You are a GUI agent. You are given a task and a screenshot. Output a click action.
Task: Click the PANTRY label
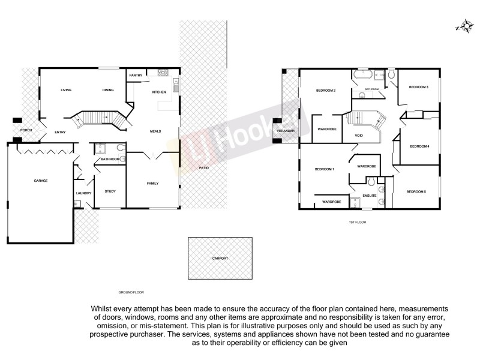136,75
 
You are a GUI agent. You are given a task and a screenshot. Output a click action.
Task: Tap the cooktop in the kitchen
162,73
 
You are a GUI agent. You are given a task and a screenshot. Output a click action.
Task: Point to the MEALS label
154,131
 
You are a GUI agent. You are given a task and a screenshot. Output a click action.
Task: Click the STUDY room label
110,191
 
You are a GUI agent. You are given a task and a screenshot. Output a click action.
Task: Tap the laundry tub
77,204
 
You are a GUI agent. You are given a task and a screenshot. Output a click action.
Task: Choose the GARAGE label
41,181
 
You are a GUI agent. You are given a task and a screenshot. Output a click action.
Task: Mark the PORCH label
26,130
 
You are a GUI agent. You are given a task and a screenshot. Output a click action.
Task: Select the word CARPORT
220,258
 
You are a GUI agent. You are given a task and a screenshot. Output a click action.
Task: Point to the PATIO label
203,167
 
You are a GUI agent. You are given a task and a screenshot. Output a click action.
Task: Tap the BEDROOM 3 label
418,88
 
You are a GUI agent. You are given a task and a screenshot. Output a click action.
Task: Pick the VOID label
359,136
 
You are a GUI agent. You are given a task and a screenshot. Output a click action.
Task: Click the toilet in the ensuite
371,181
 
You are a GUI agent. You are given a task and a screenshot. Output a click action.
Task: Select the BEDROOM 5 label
416,191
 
